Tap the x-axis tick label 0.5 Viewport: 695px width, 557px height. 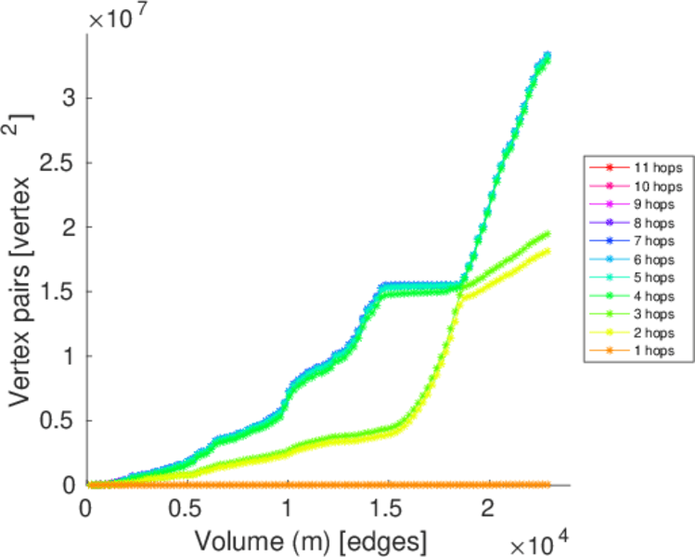[x=187, y=510]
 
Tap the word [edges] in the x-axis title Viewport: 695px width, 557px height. [x=387, y=538]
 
